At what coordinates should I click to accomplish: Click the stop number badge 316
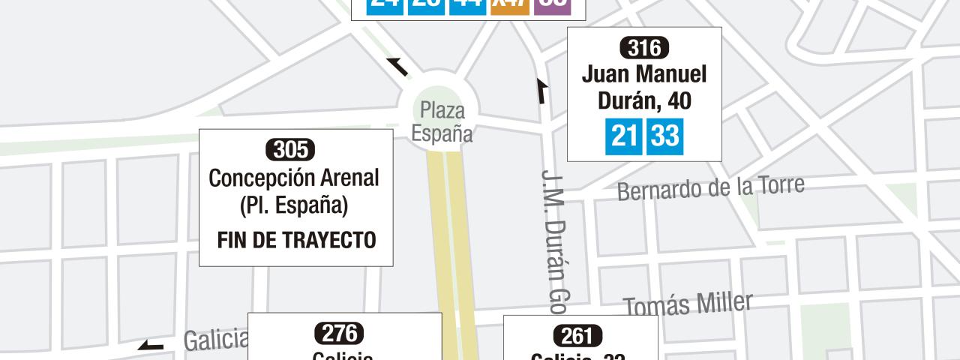tap(644, 49)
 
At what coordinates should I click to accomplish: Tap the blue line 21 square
tap(623, 136)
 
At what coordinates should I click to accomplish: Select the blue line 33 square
tap(664, 136)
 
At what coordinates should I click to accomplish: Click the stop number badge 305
tap(290, 150)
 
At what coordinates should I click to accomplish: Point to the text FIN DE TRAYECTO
tap(296, 240)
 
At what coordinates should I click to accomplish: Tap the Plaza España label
tap(442, 122)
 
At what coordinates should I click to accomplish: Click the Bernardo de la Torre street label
tap(710, 188)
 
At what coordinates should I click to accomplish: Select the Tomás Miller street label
tap(688, 304)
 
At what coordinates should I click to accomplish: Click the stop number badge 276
tap(341, 332)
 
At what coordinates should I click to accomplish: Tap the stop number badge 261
tap(577, 334)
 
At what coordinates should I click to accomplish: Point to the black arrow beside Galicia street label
tap(151, 346)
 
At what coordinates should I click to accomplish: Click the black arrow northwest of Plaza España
tap(397, 67)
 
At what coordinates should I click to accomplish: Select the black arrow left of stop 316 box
tap(541, 91)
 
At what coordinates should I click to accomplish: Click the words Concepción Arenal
tap(294, 178)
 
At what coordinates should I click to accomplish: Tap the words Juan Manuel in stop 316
tap(644, 74)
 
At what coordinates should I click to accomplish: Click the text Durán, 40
tap(644, 100)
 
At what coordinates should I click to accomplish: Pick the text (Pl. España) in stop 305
tap(294, 205)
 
